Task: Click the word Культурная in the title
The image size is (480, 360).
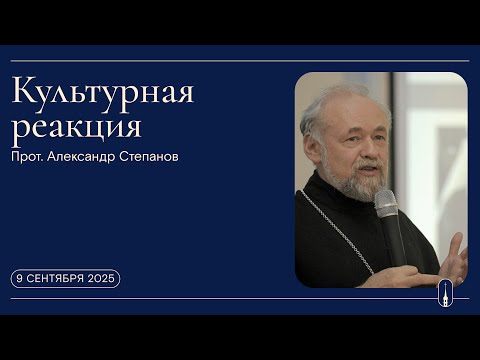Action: click(x=103, y=93)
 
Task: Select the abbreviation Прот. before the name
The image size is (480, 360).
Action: click(x=31, y=158)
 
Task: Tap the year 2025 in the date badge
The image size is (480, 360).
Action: click(x=101, y=279)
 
